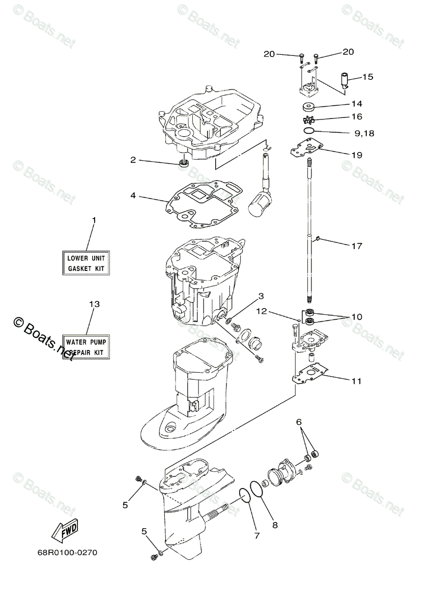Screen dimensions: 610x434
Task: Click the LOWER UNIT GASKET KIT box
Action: pos(86,263)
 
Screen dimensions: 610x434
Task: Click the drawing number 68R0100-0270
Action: pos(67,552)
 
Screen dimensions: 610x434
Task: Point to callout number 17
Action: pos(356,246)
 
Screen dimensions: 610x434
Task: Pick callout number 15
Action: pos(367,77)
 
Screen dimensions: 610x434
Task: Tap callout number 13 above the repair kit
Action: pos(94,304)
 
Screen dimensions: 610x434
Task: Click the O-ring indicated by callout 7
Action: pos(245,496)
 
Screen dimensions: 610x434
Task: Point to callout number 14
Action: pos(356,104)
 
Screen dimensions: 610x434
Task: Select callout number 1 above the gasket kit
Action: pos(94,220)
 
